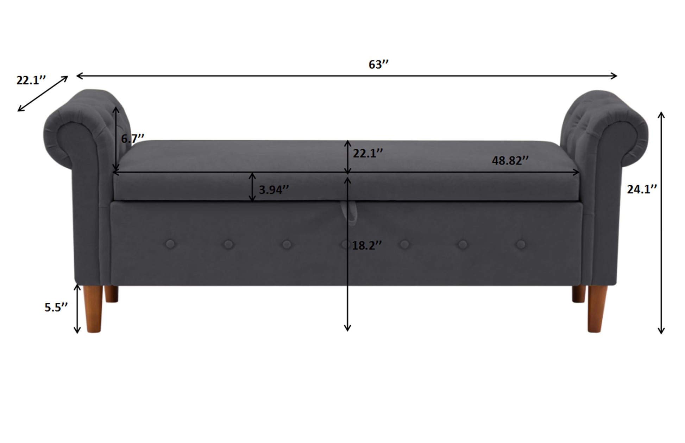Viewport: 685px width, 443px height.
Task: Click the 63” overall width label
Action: point(378,64)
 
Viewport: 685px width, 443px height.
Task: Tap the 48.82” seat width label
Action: point(510,160)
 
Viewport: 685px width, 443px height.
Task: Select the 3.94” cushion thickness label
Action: point(274,190)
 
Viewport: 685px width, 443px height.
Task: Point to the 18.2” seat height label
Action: point(367,245)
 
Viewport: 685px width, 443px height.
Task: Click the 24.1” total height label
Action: point(642,189)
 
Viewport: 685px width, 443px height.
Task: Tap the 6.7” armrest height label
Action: point(133,139)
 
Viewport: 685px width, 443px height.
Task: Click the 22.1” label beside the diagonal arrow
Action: point(31,80)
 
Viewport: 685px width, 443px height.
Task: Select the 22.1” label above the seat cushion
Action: point(368,153)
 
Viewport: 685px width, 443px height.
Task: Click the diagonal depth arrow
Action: point(43,94)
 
